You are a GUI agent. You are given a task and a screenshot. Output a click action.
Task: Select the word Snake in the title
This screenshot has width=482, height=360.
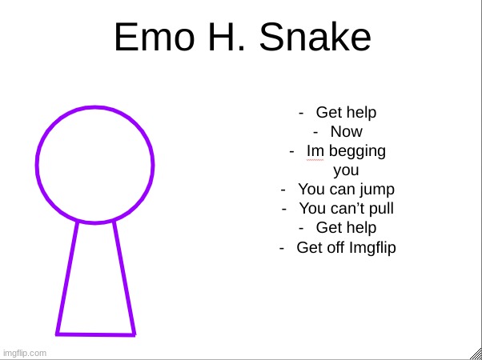pos(316,38)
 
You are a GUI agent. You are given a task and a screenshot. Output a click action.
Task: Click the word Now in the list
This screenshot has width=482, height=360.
pos(346,132)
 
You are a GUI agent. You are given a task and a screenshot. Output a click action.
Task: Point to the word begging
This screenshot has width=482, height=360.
pos(356,151)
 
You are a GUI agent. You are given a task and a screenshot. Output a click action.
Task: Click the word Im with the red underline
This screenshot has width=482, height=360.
pos(315,151)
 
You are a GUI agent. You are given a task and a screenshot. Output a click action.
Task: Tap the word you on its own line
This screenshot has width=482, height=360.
pos(346,170)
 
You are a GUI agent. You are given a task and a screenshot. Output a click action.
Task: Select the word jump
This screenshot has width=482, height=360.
pos(377,190)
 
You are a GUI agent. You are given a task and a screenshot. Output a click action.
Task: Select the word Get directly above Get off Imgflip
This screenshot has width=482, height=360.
pos(328,228)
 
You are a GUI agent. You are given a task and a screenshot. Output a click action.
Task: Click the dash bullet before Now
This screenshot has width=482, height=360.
pos(317,132)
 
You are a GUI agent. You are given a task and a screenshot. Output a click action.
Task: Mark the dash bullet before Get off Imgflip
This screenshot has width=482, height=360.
pos(283,247)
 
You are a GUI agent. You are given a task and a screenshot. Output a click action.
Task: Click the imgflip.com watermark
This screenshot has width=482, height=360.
pos(25,353)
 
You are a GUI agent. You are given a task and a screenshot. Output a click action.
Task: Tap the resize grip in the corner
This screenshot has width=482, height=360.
pos(476,354)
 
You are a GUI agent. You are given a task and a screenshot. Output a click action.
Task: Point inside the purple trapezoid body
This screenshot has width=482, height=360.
pos(96,288)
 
